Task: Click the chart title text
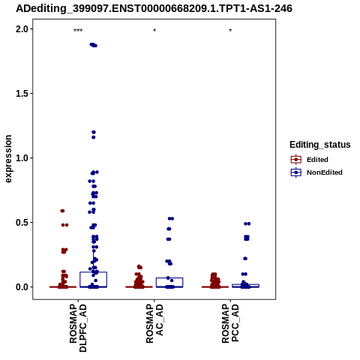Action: tap(154, 9)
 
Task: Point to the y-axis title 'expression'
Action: tap(8, 159)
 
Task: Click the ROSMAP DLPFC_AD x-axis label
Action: tap(78, 328)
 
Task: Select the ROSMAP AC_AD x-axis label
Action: tap(154, 323)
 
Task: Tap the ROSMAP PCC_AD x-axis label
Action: tap(230, 323)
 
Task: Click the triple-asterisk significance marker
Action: tap(78, 31)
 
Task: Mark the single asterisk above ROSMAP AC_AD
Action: tap(154, 31)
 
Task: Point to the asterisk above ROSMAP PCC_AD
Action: tap(230, 31)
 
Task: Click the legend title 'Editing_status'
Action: tap(320, 145)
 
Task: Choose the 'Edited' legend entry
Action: tap(310, 160)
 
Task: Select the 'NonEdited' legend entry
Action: tap(316, 172)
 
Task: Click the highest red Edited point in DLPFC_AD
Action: tap(62, 211)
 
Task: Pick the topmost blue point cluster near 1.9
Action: tap(94, 45)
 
